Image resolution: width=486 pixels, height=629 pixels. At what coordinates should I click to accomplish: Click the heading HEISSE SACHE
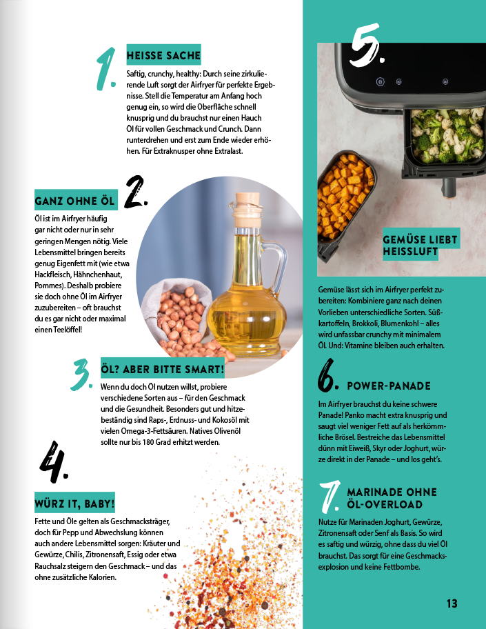163,54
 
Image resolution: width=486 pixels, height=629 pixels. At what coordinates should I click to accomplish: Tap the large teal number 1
105,69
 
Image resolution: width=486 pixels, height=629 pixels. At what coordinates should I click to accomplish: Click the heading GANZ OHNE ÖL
75,201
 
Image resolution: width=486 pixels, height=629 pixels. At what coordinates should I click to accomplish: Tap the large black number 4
53,463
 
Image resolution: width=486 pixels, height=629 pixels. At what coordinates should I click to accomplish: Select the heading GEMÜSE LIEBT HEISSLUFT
420,246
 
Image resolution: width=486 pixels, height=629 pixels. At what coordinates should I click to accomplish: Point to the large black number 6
328,377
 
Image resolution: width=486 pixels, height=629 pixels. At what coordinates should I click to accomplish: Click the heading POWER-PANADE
389,386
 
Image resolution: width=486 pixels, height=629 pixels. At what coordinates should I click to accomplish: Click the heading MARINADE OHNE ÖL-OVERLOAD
392,497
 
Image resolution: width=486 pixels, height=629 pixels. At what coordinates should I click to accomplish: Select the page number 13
452,603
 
